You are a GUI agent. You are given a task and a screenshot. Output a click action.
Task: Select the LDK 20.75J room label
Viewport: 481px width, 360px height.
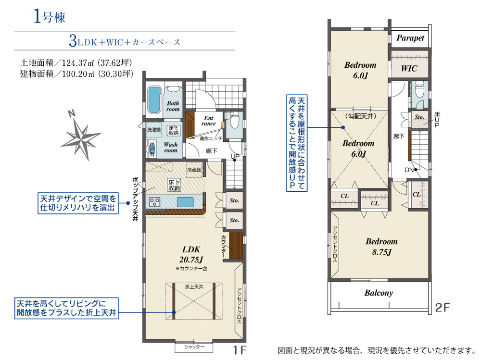point(191,254)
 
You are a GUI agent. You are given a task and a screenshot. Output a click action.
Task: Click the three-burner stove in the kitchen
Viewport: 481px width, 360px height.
point(156,202)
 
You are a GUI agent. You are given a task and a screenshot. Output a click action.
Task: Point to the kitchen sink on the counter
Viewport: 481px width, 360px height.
point(186,202)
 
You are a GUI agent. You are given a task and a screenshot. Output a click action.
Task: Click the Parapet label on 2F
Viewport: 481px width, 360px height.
point(411,38)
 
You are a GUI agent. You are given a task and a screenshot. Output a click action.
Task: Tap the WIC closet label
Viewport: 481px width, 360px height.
point(409,69)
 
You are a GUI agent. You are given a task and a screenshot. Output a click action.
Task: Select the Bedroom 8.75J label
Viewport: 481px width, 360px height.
point(381,246)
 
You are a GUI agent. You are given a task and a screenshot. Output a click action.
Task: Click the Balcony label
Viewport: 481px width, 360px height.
point(378,292)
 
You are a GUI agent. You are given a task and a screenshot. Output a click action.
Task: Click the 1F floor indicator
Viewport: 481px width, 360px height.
point(240,349)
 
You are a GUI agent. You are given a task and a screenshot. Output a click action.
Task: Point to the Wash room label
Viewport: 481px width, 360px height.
point(171,147)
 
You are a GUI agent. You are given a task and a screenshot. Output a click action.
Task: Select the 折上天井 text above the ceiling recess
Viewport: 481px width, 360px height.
point(194,287)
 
